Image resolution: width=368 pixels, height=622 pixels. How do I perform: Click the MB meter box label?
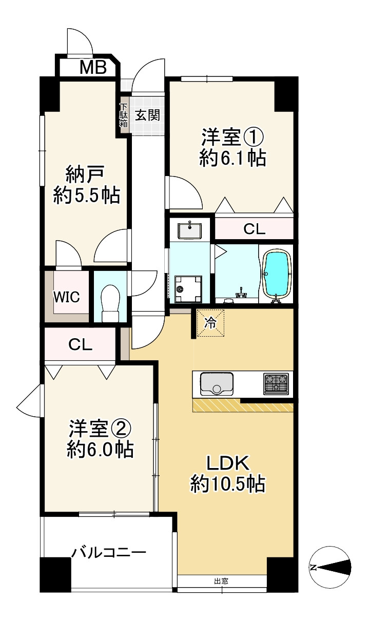tap(93, 67)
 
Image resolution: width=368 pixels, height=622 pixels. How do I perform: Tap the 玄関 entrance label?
tap(147, 115)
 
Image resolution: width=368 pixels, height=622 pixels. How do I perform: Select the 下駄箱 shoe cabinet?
tap(124, 115)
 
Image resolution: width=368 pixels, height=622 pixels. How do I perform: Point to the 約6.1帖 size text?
tap(233, 159)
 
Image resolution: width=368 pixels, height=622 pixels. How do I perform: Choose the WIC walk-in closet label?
tap(67, 298)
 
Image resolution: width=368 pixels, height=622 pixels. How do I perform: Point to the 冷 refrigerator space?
tap(210, 323)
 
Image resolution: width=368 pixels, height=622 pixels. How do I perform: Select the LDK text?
tap(227, 463)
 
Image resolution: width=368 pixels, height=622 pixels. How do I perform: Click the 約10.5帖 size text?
tap(227, 483)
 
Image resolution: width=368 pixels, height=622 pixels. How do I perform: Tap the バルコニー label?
tap(109, 553)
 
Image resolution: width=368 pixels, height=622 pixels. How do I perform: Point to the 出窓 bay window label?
tap(221, 581)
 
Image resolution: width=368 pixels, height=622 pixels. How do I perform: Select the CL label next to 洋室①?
tap(254, 229)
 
